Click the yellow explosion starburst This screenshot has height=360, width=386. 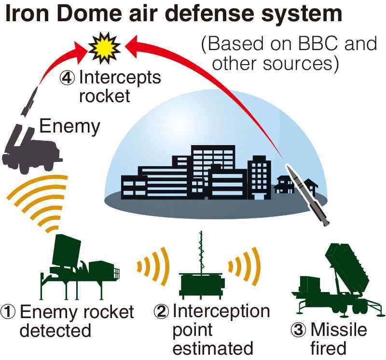tap(104, 48)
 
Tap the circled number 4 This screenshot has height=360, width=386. tap(67, 78)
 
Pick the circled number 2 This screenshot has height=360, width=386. tap(162, 312)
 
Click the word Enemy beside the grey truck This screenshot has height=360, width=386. tap(69, 127)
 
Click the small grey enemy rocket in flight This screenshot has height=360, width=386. tap(29, 101)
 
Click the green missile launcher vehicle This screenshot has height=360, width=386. tap(338, 280)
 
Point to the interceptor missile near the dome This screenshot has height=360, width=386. tap(307, 194)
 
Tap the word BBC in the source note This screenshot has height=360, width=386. tap(317, 44)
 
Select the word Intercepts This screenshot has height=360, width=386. tap(120, 78)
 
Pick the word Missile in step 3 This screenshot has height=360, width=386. tap(339, 330)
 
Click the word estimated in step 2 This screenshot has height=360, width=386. tap(213, 348)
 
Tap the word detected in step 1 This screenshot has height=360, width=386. tap(55, 330)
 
